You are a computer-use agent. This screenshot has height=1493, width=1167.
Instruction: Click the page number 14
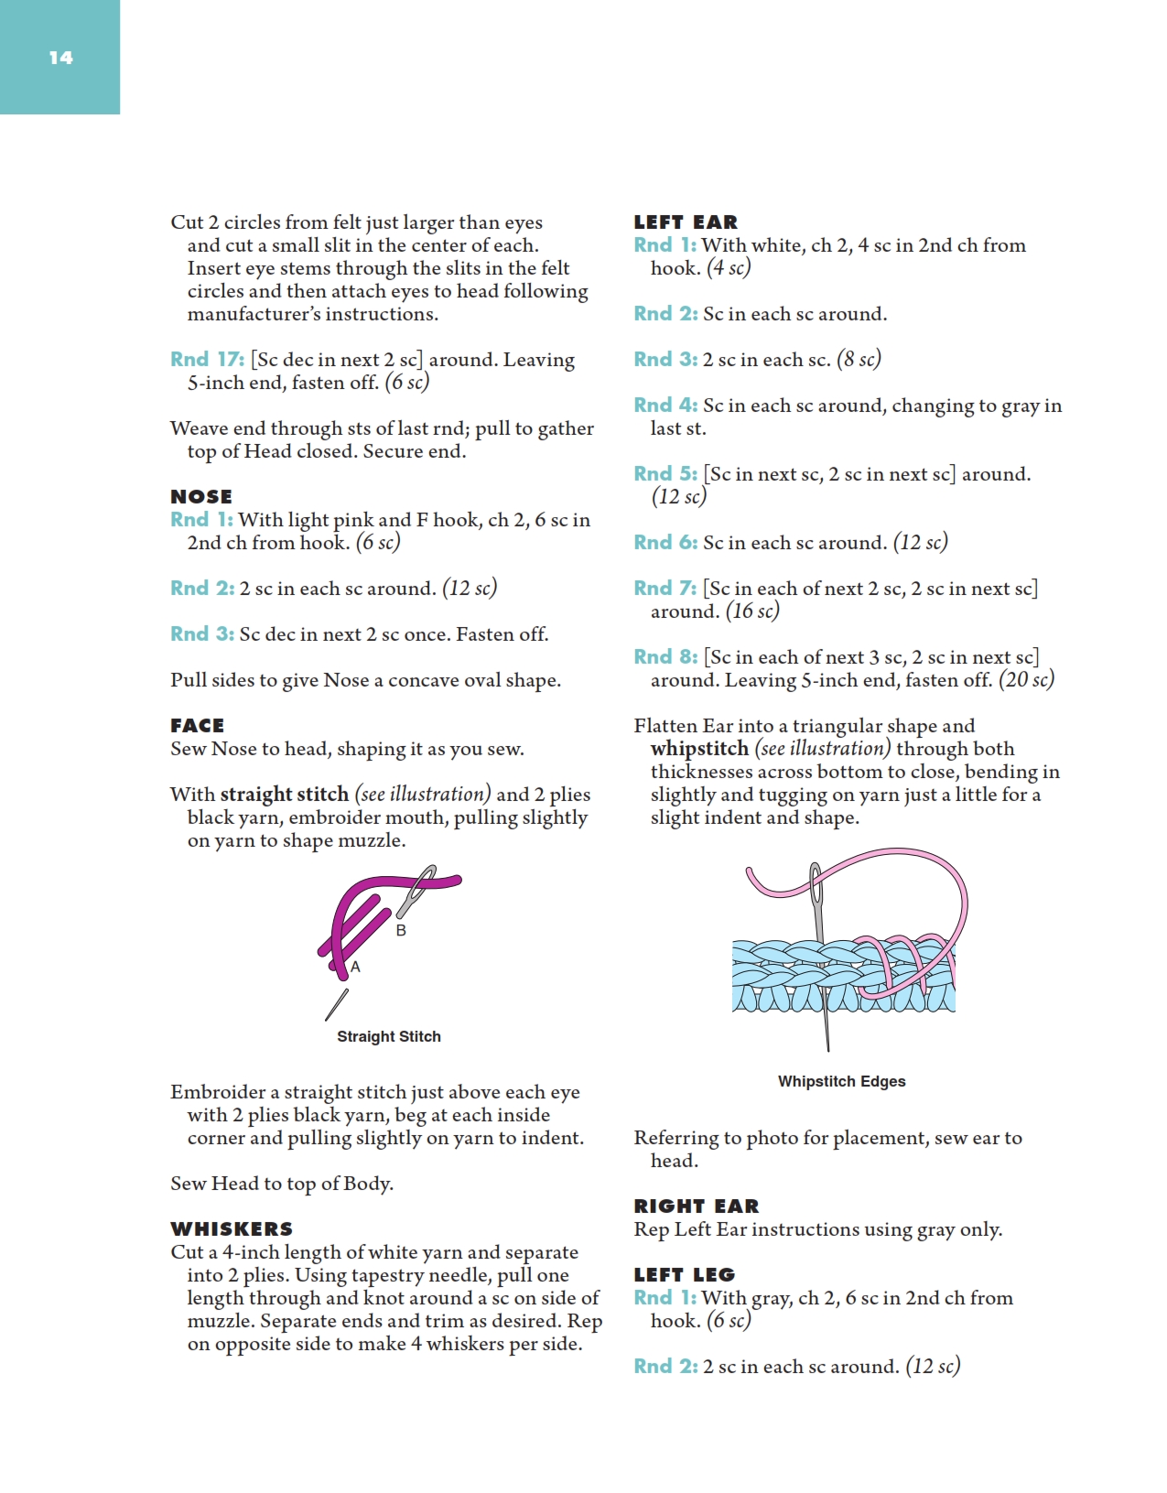pos(60,58)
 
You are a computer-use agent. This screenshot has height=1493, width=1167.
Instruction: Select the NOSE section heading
pos(201,496)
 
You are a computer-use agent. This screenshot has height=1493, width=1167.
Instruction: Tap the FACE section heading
pos(197,725)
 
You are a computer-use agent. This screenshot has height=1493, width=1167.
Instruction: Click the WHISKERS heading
pos(232,1228)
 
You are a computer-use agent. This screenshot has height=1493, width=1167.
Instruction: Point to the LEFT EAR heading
pos(686,222)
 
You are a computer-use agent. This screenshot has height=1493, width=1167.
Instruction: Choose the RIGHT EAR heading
pos(697,1206)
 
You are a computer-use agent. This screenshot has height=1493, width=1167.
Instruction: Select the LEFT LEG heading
pos(685,1274)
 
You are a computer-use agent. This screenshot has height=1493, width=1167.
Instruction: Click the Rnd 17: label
pos(207,360)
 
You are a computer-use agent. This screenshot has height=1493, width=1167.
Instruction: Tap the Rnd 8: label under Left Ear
pos(665,657)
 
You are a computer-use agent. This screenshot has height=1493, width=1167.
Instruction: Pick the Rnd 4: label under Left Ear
pos(665,406)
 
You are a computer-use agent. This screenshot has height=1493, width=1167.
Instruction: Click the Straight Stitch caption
pos(389,1036)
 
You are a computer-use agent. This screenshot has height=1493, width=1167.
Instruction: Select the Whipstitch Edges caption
pos(841,1081)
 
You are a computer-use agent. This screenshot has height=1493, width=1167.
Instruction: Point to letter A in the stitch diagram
pos(356,967)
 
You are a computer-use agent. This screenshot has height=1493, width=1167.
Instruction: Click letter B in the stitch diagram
pos(401,930)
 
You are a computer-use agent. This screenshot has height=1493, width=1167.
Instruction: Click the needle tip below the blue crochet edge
pos(827,1044)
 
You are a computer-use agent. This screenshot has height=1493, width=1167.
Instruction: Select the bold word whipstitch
pos(699,749)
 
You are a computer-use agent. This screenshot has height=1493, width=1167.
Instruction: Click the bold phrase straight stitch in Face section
pos(285,795)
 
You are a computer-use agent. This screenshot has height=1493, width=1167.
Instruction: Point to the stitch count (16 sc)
pos(752,611)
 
